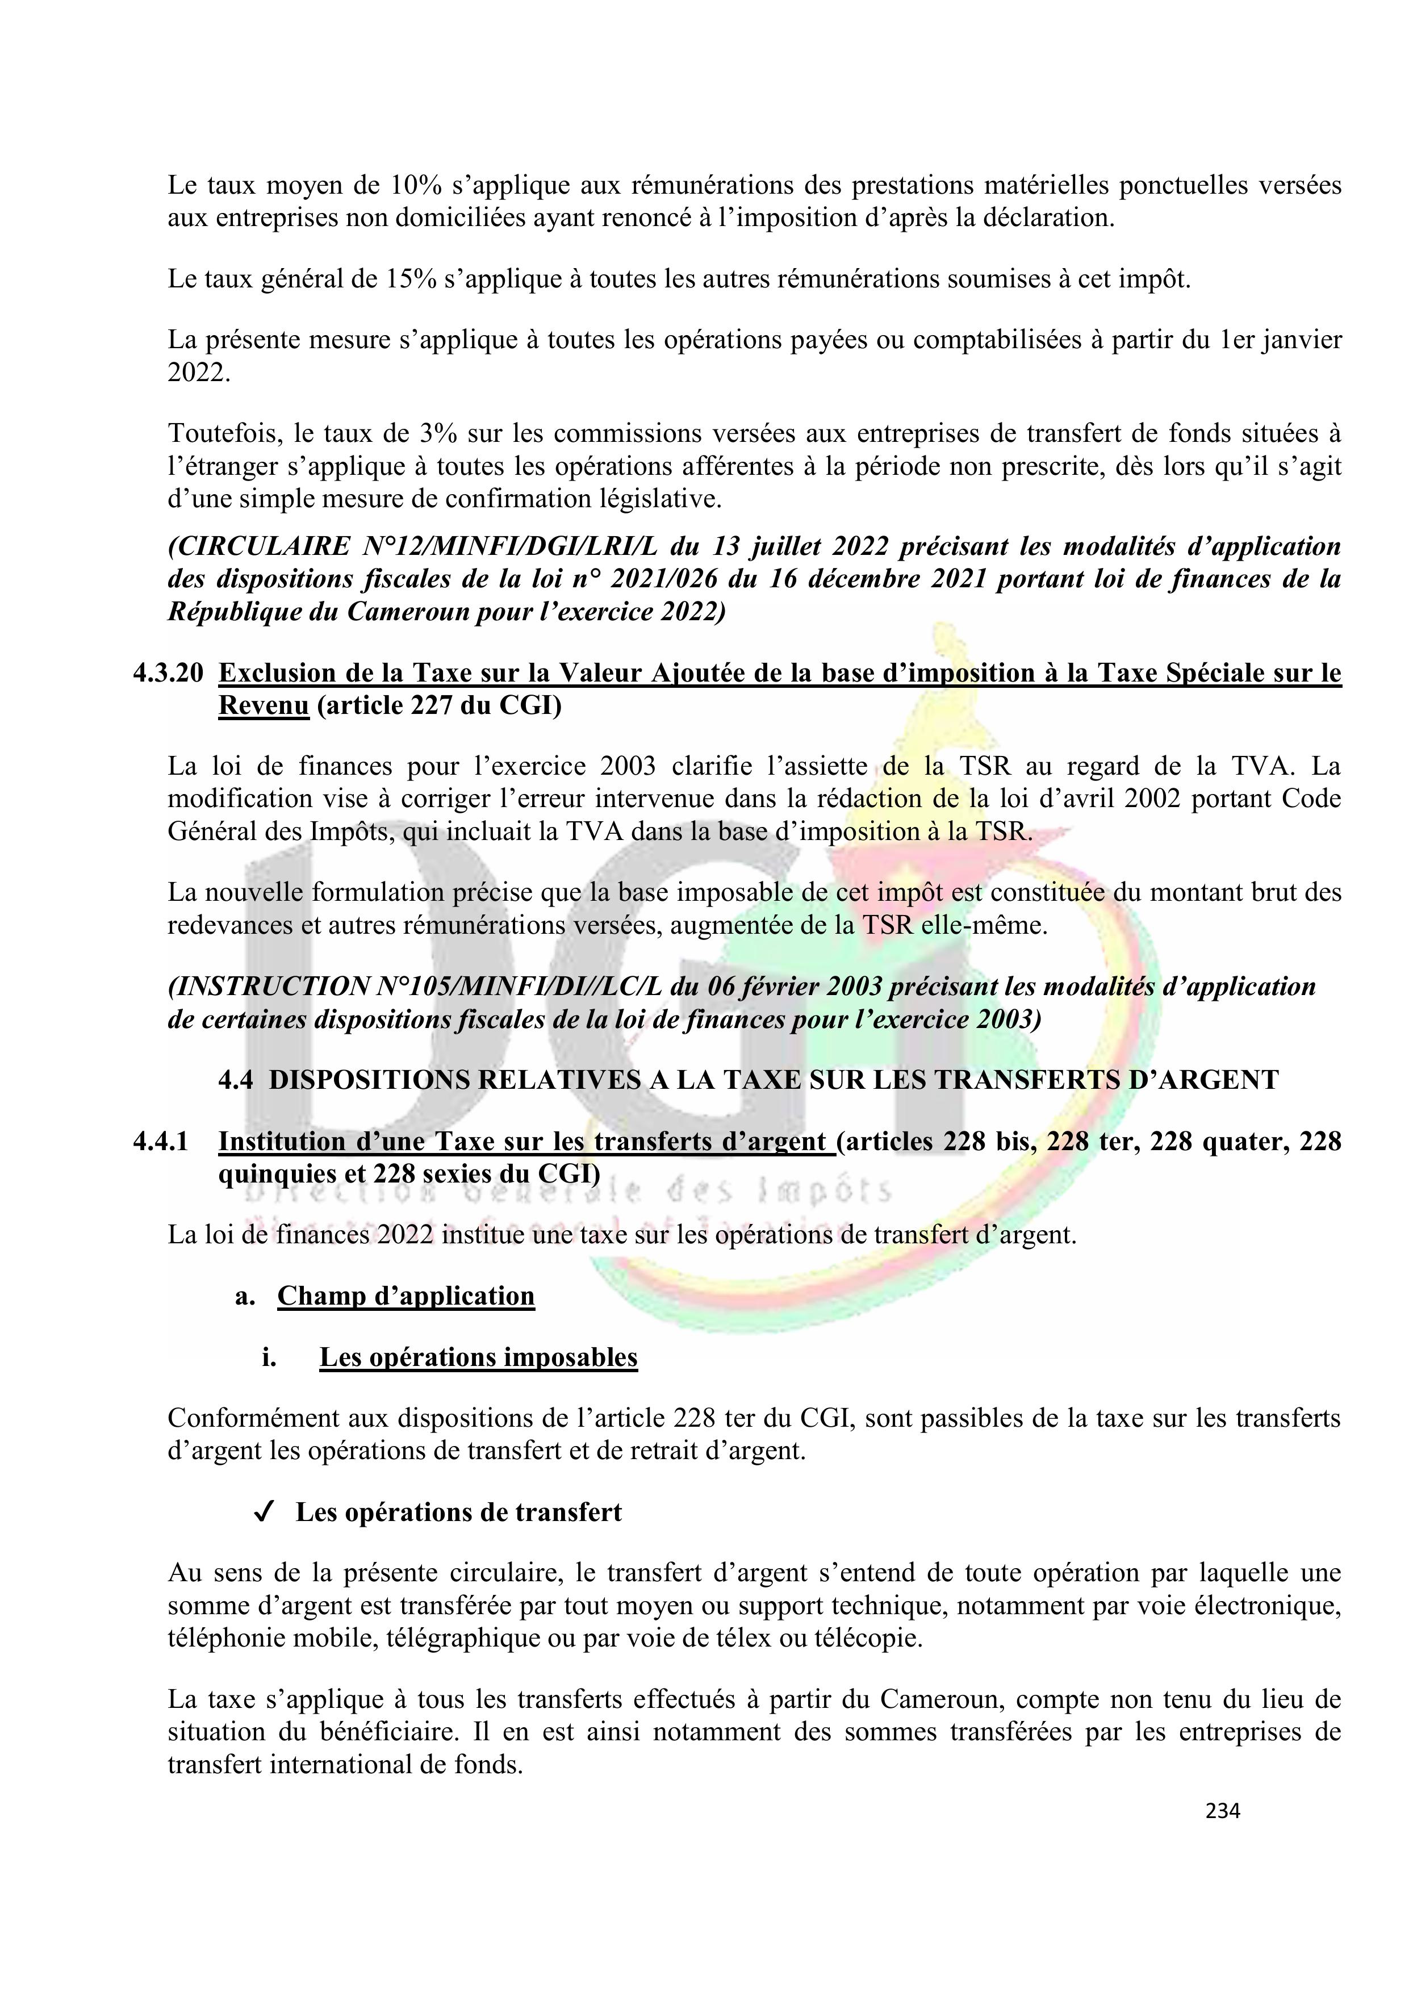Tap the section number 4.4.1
(x=161, y=1142)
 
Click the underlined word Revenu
(x=263, y=707)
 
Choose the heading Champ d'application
(x=405, y=1296)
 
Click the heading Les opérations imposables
(x=478, y=1357)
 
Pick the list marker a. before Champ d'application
(x=245, y=1297)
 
